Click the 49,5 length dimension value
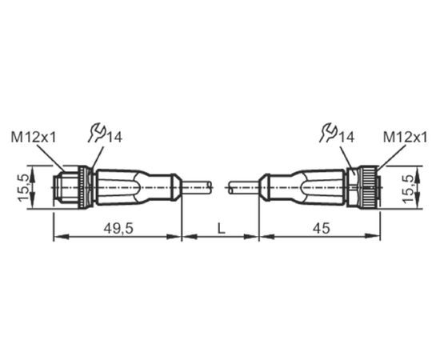tap(118, 228)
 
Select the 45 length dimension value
tap(322, 228)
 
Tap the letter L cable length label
tap(222, 228)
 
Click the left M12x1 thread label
tap(34, 138)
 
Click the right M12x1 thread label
tap(406, 138)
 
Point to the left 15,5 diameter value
tap(23, 187)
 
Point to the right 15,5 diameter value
tap(408, 188)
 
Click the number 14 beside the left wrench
tap(114, 138)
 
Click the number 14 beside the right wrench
tap(346, 138)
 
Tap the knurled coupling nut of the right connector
tap(370, 186)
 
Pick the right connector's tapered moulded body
tap(302, 186)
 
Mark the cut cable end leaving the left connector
tap(197, 187)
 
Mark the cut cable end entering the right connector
tap(243, 187)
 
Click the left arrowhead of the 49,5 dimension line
tap(61, 237)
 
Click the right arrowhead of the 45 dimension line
tap(373, 237)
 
